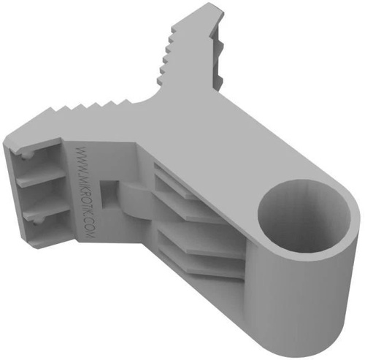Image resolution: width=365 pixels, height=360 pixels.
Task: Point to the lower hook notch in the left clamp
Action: click(x=37, y=221)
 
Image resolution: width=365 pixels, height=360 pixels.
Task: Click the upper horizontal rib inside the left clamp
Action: click(x=42, y=177)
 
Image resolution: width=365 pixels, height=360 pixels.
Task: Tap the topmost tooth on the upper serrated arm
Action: click(x=174, y=30)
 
